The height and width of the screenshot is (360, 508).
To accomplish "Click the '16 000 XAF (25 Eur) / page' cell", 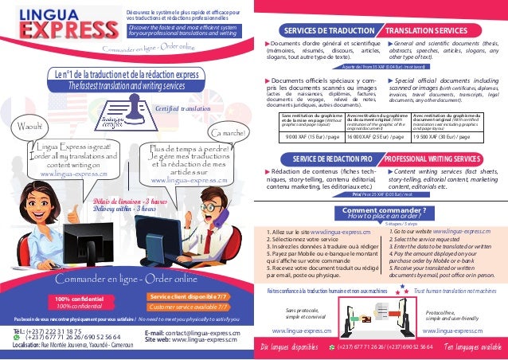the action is [373, 136].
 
